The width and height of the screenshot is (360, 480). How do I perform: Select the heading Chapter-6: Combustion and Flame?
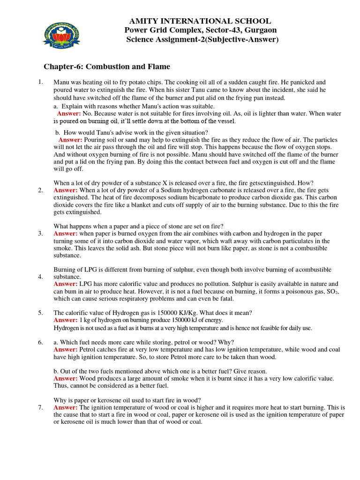(107, 67)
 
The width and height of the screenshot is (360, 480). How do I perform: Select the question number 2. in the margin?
(41, 190)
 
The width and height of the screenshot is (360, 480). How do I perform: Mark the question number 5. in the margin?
(41, 313)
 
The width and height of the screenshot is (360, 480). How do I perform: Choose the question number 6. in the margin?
(41, 342)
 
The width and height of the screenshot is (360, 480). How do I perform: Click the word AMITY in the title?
(142, 21)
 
